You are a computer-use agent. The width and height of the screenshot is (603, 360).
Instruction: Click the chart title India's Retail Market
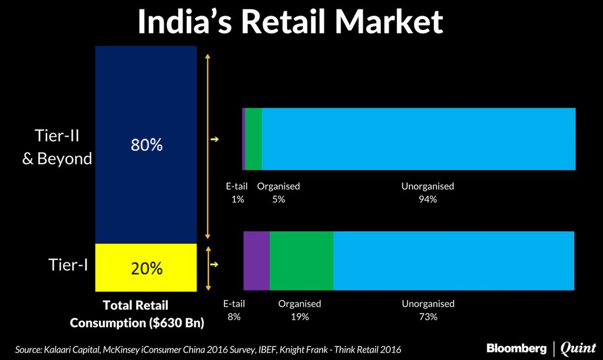[x=290, y=22]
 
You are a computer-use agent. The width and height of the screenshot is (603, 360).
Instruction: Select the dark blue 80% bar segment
[x=146, y=145]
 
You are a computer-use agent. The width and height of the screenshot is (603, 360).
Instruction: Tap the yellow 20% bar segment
[x=146, y=268]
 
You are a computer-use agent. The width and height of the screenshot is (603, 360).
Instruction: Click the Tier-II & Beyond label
[x=57, y=147]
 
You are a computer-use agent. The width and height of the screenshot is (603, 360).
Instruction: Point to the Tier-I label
[x=68, y=265]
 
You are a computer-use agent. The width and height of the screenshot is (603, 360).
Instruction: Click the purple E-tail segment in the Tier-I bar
[x=256, y=260]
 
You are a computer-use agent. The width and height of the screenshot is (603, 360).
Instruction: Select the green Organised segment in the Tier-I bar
[x=301, y=260]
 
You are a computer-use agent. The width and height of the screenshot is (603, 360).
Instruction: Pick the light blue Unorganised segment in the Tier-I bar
[x=453, y=260]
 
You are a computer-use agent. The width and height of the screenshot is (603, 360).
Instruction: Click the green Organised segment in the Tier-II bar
[x=253, y=139]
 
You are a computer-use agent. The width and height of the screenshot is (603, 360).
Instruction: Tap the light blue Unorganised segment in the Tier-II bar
[x=418, y=139]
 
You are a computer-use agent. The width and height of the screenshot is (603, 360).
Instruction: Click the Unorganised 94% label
[x=428, y=193]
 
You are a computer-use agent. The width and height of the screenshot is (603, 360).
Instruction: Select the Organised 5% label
[x=279, y=193]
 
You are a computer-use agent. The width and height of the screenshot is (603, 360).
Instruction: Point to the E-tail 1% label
[x=237, y=193]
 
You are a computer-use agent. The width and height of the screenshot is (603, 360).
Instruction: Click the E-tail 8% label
[x=234, y=311]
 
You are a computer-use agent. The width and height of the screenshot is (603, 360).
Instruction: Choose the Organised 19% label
[x=300, y=311]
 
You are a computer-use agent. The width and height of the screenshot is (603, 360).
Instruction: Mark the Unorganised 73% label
[x=428, y=311]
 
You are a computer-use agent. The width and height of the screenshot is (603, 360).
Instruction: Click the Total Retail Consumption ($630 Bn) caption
[x=137, y=314]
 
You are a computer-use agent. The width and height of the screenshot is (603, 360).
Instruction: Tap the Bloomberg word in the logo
[x=516, y=348]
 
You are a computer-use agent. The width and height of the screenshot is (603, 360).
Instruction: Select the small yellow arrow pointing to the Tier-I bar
[x=214, y=265]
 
